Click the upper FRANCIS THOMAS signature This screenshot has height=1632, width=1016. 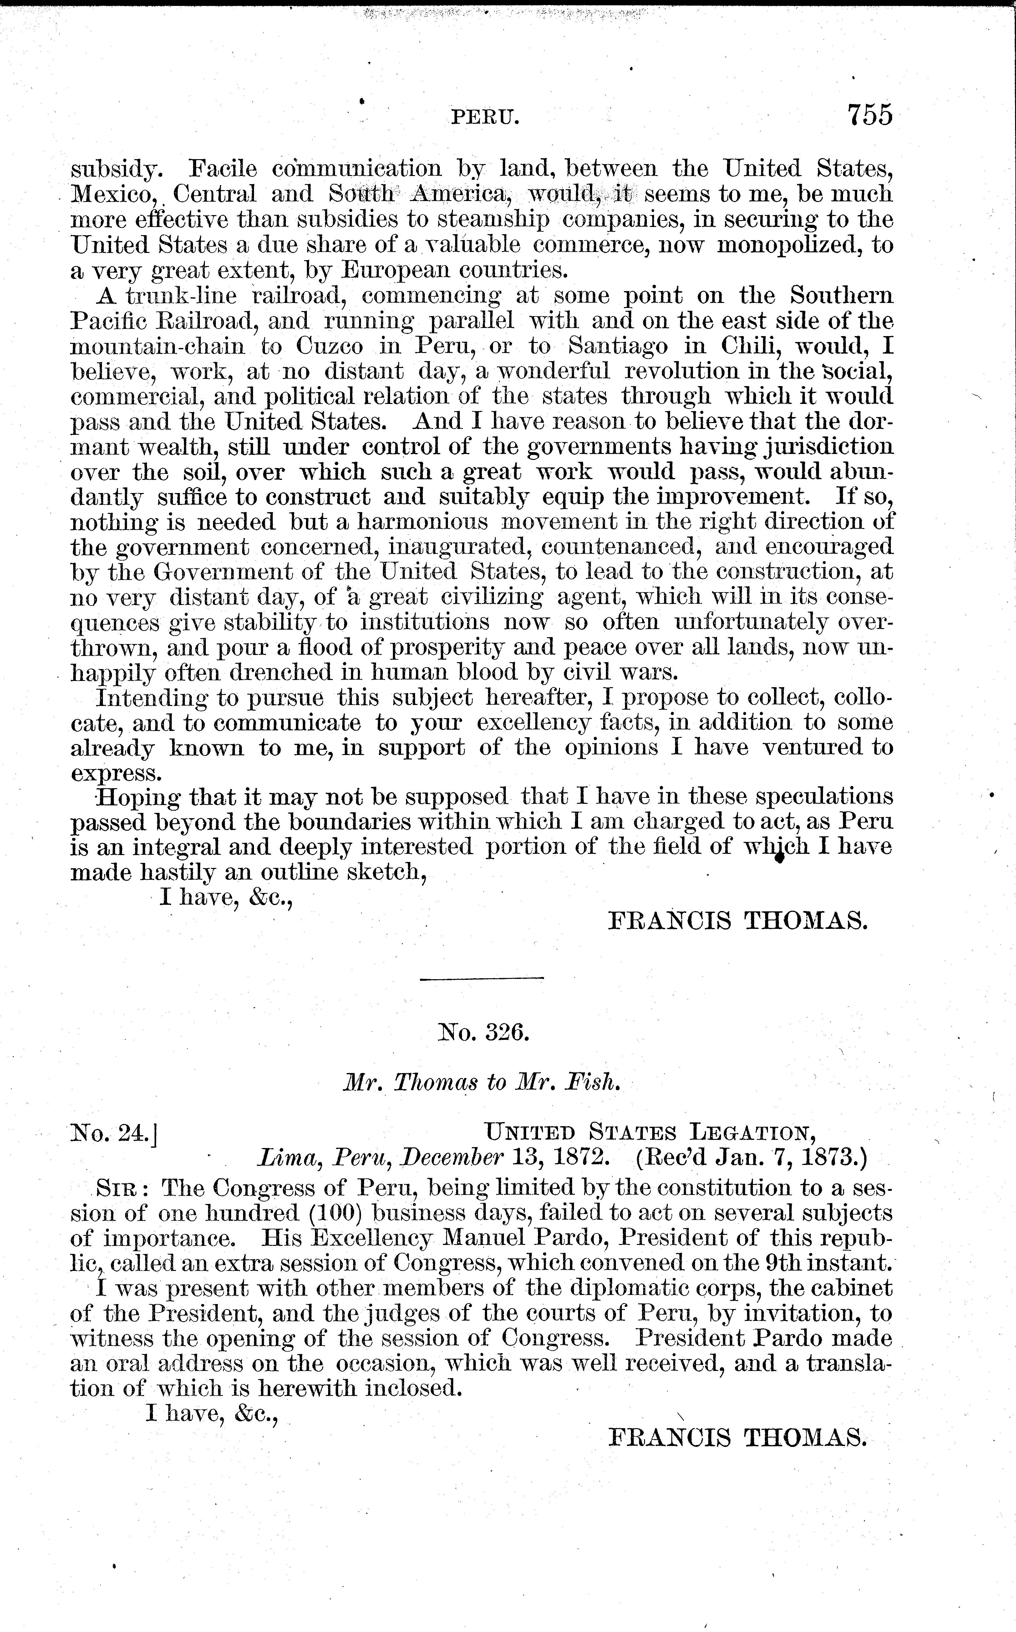(737, 921)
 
